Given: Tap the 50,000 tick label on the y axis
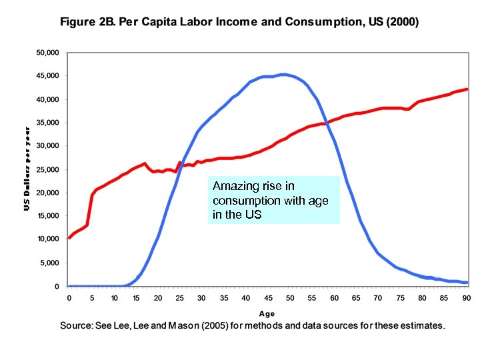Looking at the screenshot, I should pos(48,52).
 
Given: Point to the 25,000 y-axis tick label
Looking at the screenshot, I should pos(48,169).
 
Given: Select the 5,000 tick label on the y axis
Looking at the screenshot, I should pos(50,263).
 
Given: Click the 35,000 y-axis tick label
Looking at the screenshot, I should pos(48,123).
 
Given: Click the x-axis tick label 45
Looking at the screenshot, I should pos(267,297).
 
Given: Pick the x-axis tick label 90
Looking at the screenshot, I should pos(466,297).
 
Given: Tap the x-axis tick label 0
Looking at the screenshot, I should pos(69,297).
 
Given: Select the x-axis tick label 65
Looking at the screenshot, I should pos(356,297).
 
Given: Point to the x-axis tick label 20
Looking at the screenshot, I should pos(157,297).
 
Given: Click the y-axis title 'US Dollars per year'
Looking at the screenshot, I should pos(27,169).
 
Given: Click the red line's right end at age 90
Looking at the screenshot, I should pos(467,89).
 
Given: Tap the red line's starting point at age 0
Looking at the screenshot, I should pos(69,238).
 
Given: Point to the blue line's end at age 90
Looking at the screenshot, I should pos(467,283).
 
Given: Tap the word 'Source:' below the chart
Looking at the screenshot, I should pos(79,326).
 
